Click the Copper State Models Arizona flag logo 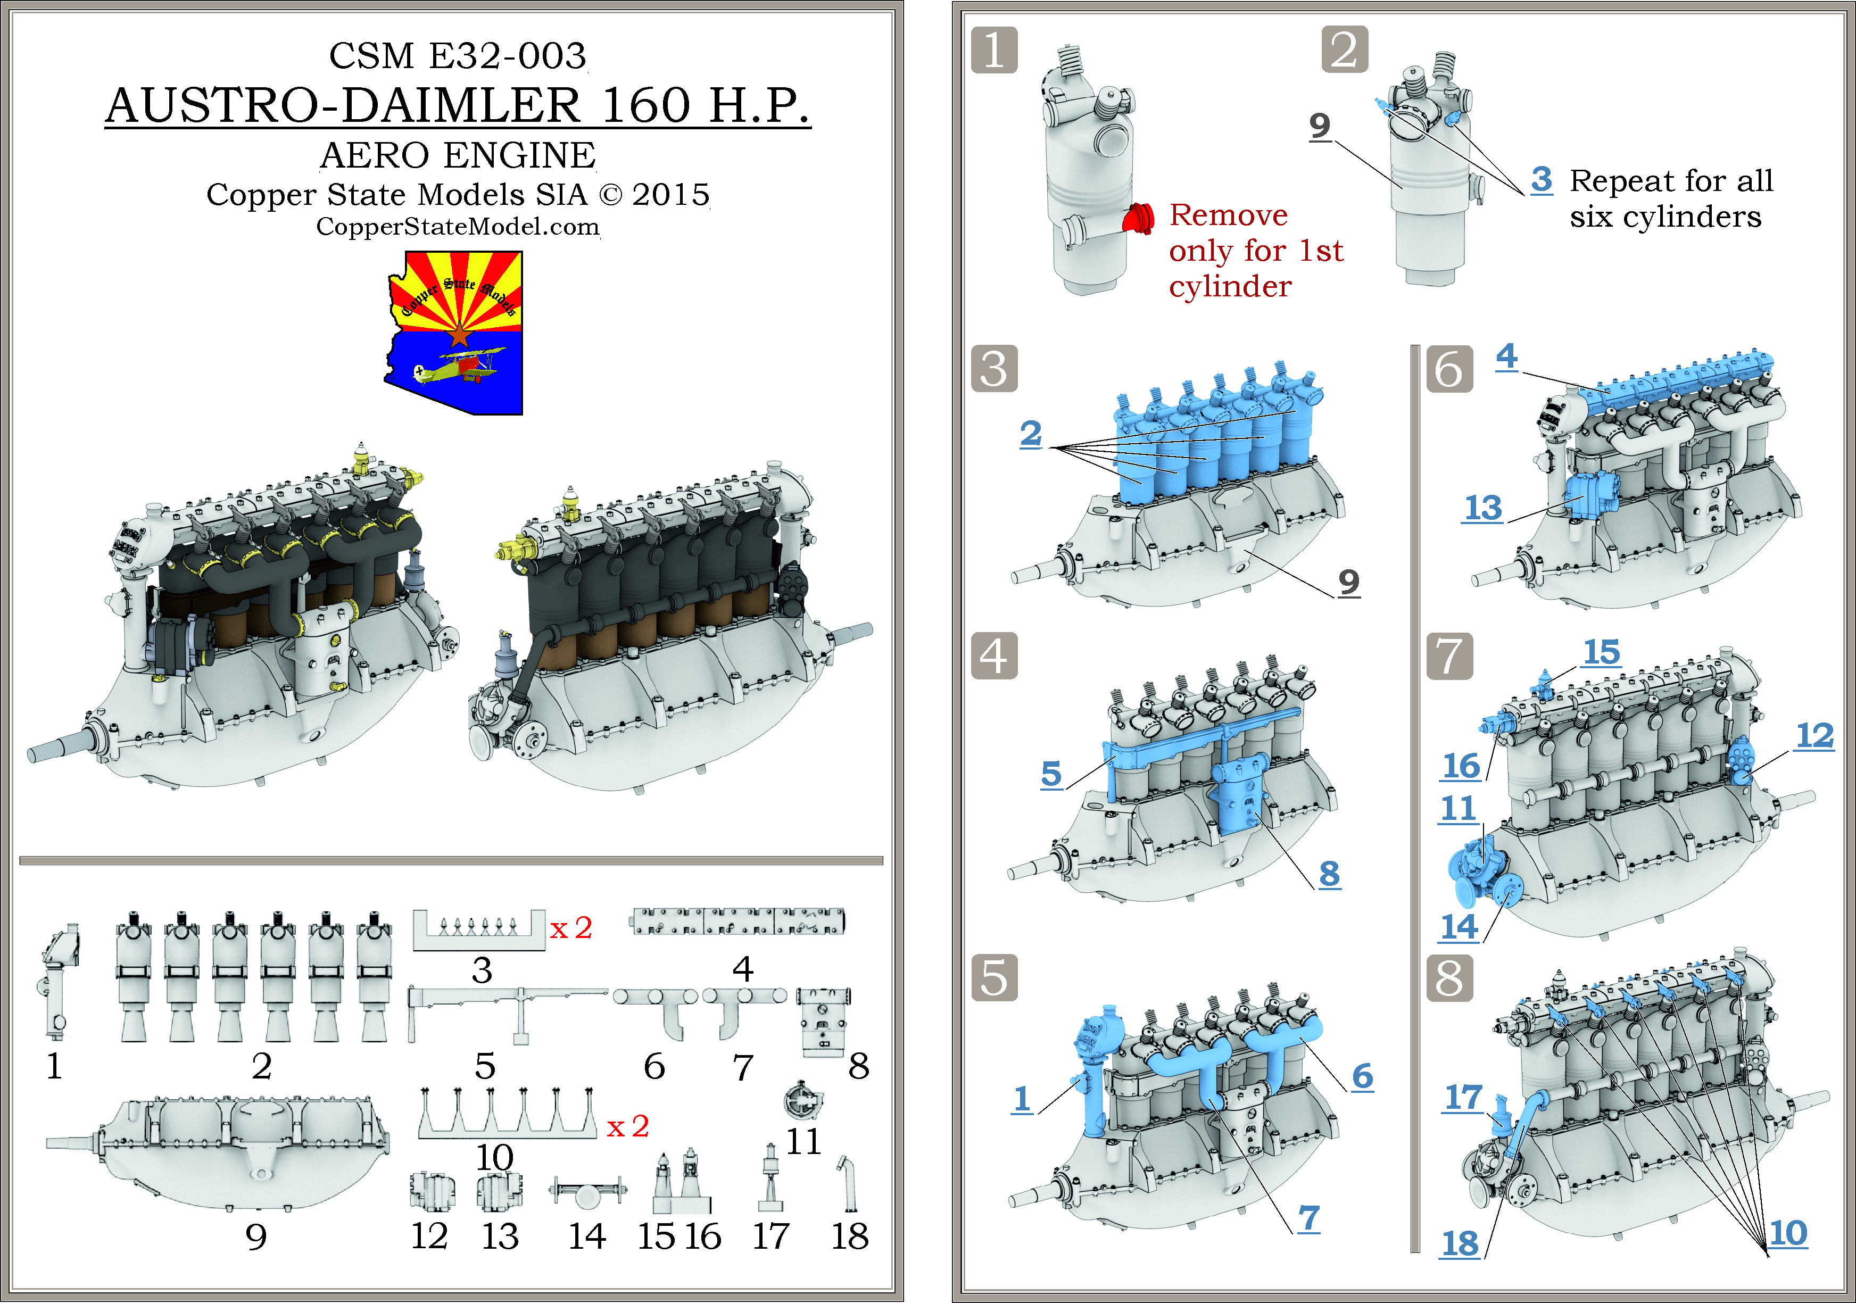[x=454, y=331]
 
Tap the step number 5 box [x=993, y=977]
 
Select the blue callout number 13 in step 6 [x=1482, y=508]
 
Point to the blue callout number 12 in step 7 [x=1814, y=735]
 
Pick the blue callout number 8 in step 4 [x=1329, y=873]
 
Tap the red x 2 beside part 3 [x=571, y=928]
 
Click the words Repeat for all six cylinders [x=1670, y=198]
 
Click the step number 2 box [x=1344, y=49]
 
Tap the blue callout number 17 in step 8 [x=1463, y=1097]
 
